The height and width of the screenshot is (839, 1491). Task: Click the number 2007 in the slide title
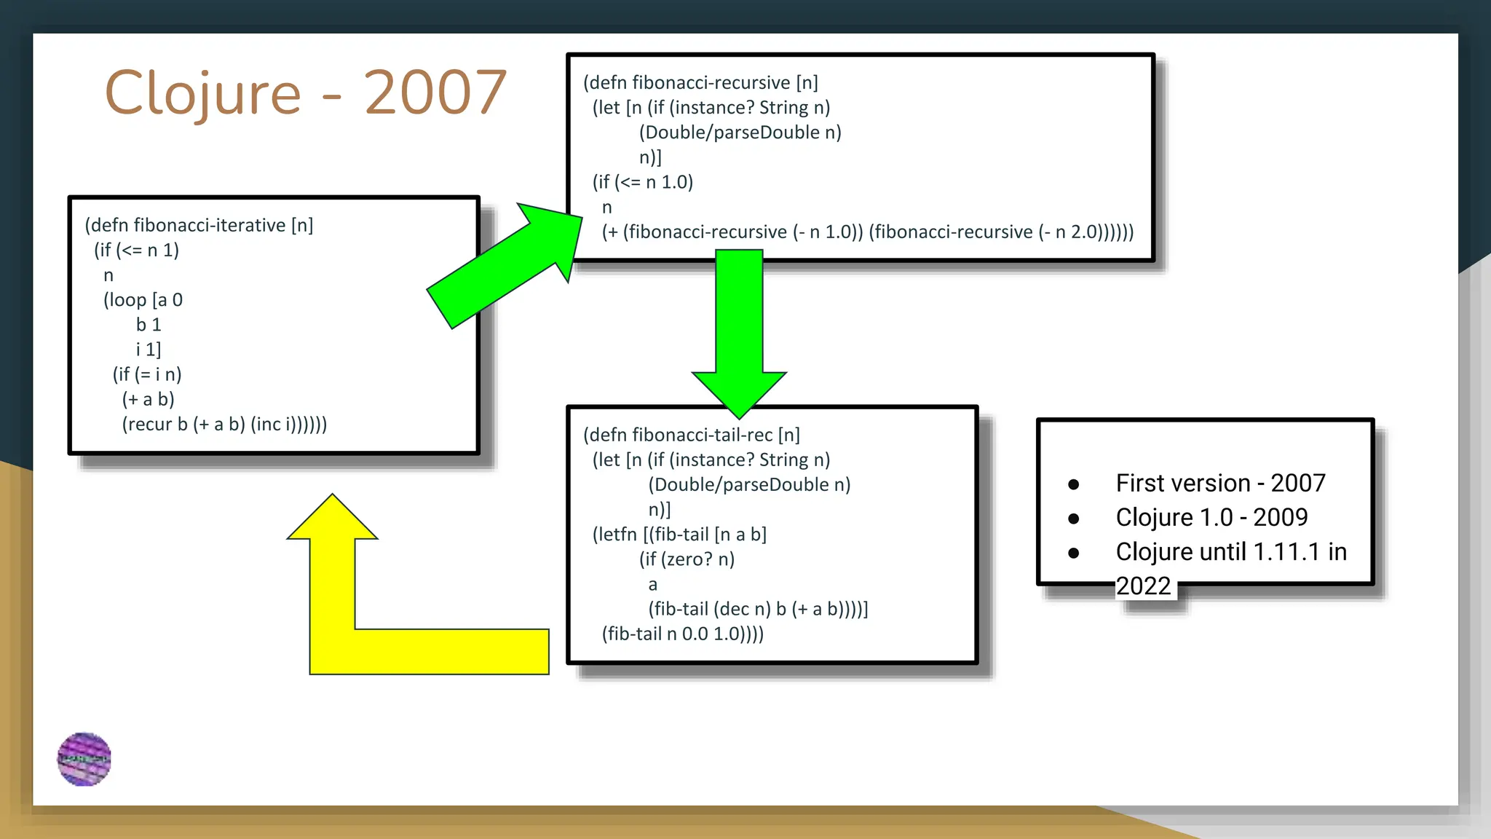click(435, 93)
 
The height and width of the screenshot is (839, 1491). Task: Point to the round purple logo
click(84, 759)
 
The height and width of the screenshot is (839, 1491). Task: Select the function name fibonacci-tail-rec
click(702, 435)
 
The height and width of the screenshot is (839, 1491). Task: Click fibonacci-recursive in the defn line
click(711, 82)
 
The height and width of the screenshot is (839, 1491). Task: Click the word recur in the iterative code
click(149, 424)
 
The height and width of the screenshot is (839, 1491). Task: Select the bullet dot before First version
click(1073, 484)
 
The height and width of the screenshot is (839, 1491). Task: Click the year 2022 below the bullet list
click(1143, 586)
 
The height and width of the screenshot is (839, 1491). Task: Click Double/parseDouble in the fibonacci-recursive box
click(732, 133)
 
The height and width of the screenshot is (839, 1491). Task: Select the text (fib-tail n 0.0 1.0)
click(679, 634)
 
